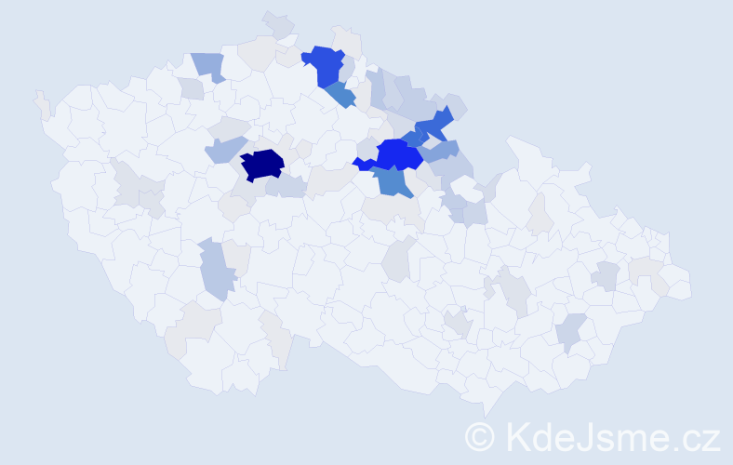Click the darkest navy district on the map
[262, 164]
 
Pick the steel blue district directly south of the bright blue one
[394, 181]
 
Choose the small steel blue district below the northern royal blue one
[340, 94]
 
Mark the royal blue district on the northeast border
[433, 123]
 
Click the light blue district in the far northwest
[208, 65]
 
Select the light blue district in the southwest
[215, 269]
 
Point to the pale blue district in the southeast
[571, 331]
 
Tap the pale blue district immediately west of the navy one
[224, 149]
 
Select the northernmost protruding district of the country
[277, 22]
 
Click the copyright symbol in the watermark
[480, 436]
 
